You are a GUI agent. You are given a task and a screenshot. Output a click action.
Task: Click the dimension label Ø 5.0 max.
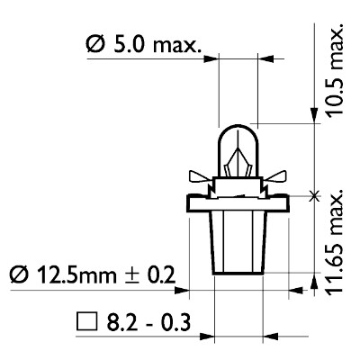point(144,44)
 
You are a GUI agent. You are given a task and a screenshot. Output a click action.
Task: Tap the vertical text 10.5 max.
point(335,69)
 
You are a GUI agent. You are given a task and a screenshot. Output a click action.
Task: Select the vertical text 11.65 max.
point(335,242)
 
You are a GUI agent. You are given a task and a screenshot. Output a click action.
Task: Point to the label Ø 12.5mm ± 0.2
point(92,274)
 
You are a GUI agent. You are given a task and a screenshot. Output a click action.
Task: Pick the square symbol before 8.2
point(87,322)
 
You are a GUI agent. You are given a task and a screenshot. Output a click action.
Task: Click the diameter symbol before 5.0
point(95,44)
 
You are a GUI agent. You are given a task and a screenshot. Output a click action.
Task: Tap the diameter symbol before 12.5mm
point(19,274)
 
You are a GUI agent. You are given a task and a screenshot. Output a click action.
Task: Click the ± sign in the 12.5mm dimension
point(132,274)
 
